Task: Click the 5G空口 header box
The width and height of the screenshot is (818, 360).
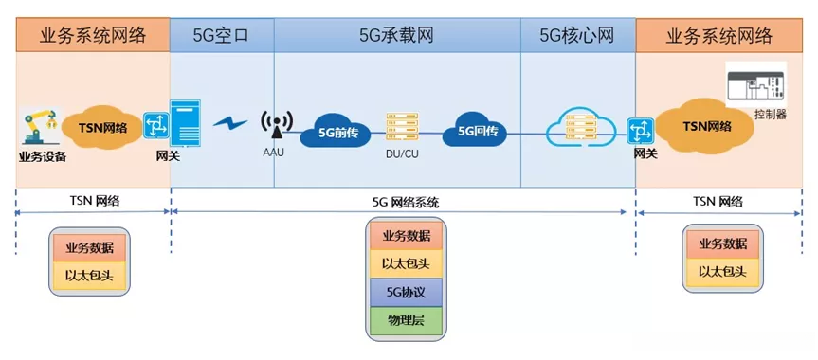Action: point(222,36)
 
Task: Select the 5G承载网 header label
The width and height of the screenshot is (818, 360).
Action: point(396,36)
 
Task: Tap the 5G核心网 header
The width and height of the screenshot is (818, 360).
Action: point(577,36)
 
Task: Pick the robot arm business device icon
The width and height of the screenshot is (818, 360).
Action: point(38,127)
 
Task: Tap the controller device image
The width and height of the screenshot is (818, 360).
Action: point(755,86)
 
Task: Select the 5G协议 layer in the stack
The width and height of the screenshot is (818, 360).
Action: point(406,290)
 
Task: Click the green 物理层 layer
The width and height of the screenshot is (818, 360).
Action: point(406,317)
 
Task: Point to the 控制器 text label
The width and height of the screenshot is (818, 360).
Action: point(770,115)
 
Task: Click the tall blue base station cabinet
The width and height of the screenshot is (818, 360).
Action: point(187,123)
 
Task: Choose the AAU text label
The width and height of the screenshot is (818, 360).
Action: point(274,152)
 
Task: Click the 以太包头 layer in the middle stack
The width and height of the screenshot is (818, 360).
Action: point(406,262)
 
